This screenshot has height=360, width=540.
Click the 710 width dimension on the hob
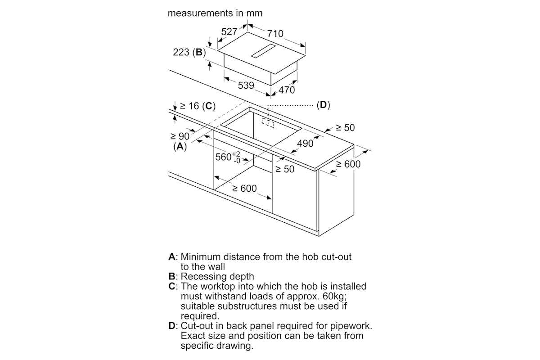pyautogui.click(x=275, y=34)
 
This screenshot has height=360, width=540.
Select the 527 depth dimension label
pyautogui.click(x=229, y=31)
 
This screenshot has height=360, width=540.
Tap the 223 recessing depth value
pyautogui.click(x=181, y=52)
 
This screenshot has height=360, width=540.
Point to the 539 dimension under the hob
pyautogui.click(x=246, y=85)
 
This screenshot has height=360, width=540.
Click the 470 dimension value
pyautogui.click(x=287, y=90)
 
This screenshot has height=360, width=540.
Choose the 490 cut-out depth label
pyautogui.click(x=305, y=144)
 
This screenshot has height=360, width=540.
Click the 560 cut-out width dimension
pyautogui.click(x=228, y=157)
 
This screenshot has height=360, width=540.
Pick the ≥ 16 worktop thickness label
pyautogui.click(x=189, y=106)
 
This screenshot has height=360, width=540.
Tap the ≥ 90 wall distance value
pyautogui.click(x=180, y=136)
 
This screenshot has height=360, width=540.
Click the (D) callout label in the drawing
pyautogui.click(x=323, y=105)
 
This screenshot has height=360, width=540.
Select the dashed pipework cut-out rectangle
pyautogui.click(x=268, y=123)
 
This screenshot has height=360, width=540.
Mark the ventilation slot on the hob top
pyautogui.click(x=263, y=51)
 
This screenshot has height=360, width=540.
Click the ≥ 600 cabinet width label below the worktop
pyautogui.click(x=244, y=188)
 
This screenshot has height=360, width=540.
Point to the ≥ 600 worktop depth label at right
pyautogui.click(x=348, y=164)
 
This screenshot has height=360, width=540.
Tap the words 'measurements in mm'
pyautogui.click(x=215, y=13)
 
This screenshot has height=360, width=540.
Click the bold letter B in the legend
pyautogui.click(x=171, y=276)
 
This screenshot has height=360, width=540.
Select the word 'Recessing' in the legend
pyautogui.click(x=204, y=277)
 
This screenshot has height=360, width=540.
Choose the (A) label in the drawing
pyautogui.click(x=180, y=146)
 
